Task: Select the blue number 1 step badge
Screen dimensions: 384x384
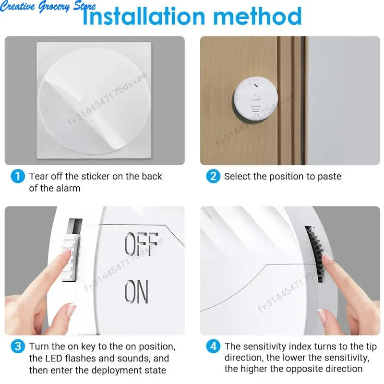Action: [17, 176]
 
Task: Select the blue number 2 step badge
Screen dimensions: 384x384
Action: [213, 176]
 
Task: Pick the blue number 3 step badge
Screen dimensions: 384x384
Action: [17, 347]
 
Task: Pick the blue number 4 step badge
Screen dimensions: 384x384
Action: [213, 347]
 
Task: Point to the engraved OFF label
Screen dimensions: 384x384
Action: [141, 244]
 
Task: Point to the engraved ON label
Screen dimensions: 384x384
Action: [137, 292]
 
